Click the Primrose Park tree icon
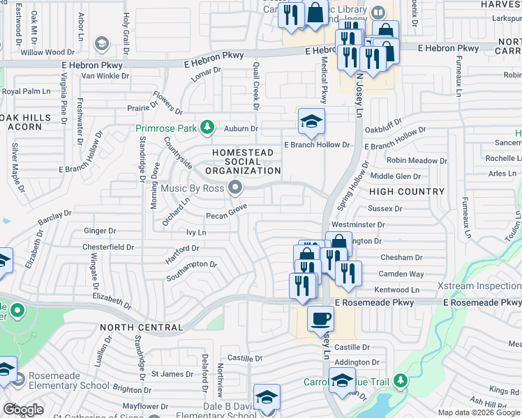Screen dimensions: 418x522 pos(207,127)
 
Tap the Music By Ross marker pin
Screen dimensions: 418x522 pos(235,186)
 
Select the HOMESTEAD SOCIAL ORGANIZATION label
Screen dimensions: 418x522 pos(247,162)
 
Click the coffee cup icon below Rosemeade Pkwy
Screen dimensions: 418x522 pos(320,318)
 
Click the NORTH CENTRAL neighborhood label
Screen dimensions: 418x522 pos(142,327)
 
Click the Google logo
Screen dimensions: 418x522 pos(22,409)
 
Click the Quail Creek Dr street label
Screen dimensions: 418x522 pos(255,88)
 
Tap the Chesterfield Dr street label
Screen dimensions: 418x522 pos(108,247)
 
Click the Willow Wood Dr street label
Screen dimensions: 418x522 pos(47,52)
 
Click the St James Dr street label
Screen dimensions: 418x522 pos(172,374)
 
